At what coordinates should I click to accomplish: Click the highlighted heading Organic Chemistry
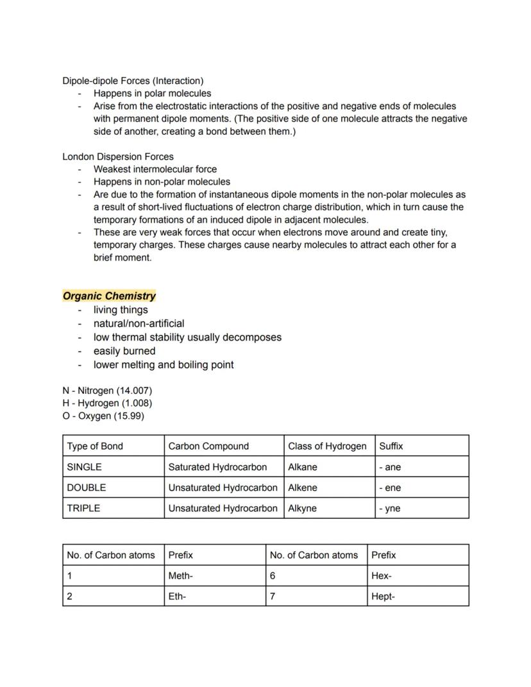point(109,296)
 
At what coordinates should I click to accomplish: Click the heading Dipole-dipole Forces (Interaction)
point(133,81)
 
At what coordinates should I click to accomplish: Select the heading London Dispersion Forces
point(118,157)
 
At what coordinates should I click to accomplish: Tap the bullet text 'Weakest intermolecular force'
point(155,169)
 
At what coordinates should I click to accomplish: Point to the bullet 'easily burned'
point(124,351)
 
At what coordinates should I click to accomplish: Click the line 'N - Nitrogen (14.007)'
point(107,390)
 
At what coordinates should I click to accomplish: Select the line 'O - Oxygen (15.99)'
point(103,416)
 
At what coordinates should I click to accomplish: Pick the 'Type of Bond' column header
point(95,446)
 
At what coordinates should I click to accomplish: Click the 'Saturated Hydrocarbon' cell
point(217,467)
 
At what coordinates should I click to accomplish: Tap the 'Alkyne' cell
point(302,508)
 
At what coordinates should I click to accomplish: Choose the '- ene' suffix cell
point(390,488)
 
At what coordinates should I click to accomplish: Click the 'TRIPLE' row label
point(84,508)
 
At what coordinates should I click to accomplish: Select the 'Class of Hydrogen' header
point(327,446)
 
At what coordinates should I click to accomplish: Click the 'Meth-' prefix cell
point(181,576)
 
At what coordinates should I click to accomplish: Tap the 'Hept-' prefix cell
point(383,597)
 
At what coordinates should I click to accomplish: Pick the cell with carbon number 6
point(273,576)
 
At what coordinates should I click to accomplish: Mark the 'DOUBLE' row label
point(87,488)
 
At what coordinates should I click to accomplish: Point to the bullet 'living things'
point(121,310)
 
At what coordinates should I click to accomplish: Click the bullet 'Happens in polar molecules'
point(152,94)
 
